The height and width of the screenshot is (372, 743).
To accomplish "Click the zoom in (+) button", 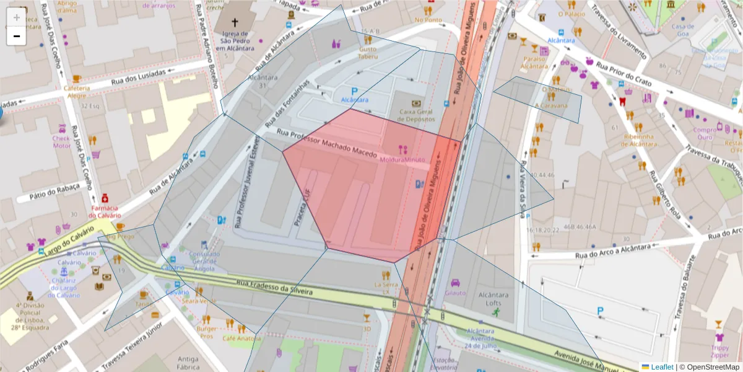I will point(16,17).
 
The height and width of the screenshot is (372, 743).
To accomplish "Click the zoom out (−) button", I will point(16,36).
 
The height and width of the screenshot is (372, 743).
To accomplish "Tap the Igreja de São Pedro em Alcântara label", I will point(235,42).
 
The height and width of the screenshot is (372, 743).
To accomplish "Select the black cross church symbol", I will point(235,18).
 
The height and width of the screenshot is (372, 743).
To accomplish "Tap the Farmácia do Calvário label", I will point(105,211).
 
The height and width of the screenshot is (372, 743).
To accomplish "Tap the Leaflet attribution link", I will point(661,367).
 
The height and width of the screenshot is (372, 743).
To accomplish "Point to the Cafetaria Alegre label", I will point(77,92).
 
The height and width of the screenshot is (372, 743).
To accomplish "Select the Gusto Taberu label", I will point(368,52).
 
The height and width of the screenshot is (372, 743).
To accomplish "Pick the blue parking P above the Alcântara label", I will point(355,91).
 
